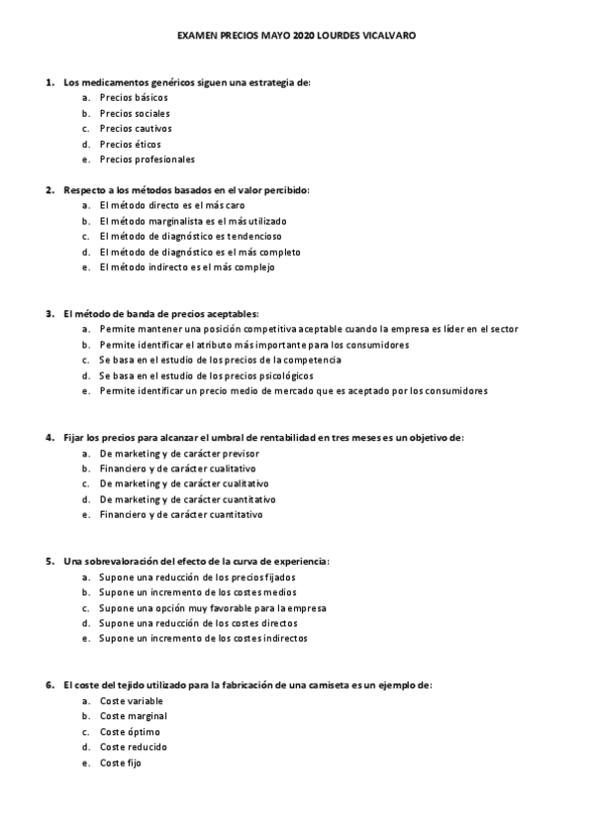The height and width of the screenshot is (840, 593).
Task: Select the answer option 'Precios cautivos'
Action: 136,129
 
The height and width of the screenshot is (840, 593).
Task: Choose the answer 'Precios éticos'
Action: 131,144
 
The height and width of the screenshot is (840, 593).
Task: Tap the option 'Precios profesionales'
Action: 148,159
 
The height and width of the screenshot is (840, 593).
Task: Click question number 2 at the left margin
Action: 49,190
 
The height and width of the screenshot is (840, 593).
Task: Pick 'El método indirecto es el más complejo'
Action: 187,267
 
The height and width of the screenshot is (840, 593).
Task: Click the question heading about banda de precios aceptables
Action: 160,313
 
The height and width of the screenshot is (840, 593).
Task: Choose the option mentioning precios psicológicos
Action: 207,375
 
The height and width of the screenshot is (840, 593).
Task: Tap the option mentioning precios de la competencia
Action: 221,360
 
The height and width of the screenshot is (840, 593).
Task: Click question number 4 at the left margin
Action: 49,437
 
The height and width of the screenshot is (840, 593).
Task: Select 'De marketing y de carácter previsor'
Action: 180,453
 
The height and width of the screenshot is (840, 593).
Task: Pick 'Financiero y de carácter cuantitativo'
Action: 182,515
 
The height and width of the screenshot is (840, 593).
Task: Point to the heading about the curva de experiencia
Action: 196,561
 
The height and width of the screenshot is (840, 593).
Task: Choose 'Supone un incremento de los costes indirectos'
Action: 203,639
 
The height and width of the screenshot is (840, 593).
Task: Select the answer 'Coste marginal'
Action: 134,715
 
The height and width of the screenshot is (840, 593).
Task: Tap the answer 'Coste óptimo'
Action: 130,732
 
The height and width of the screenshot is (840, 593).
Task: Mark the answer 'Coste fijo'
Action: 121,763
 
